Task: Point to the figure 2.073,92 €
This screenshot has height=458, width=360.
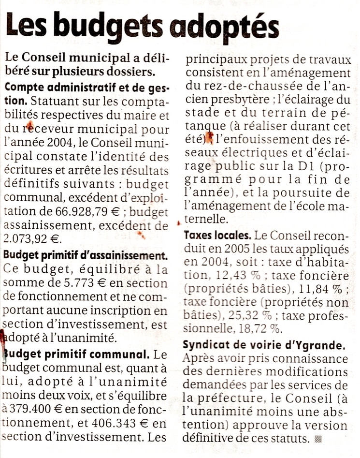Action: click(x=30, y=238)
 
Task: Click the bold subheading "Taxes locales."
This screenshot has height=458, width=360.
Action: click(x=217, y=236)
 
